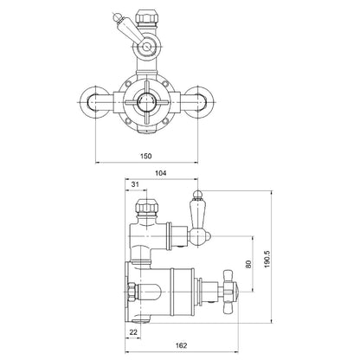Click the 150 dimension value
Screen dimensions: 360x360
point(146,156)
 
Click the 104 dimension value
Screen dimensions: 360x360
point(161,173)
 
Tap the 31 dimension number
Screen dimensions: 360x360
point(135,184)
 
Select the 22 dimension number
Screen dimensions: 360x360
point(133,332)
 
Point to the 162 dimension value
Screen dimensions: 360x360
point(181,345)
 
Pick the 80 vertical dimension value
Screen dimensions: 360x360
point(248,264)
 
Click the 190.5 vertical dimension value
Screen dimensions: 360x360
point(267,259)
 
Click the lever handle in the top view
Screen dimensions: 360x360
point(130,29)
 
